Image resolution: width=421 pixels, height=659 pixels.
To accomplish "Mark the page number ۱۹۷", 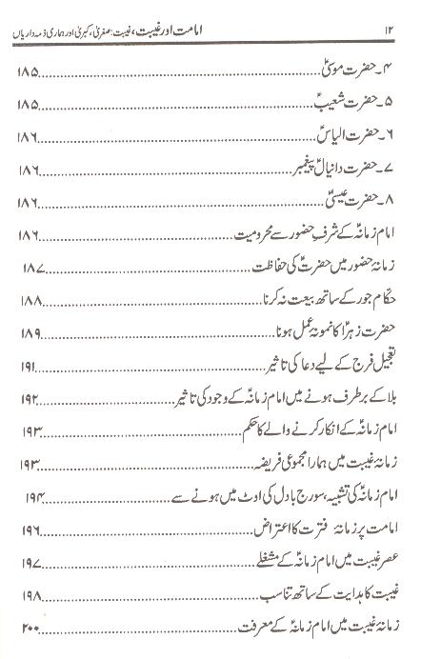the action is (x=30, y=535).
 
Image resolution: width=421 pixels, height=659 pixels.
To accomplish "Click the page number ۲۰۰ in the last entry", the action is (x=30, y=635).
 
